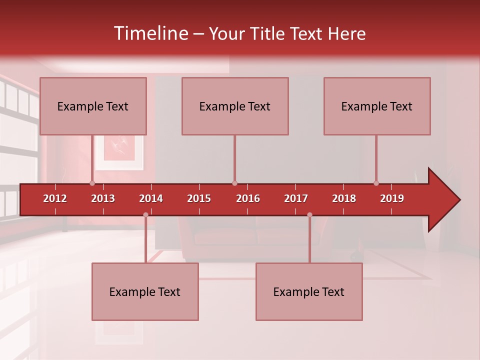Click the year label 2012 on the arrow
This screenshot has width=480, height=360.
point(55,198)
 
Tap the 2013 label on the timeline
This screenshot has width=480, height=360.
point(103,198)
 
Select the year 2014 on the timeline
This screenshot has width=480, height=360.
point(151,198)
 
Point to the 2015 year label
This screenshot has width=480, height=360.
point(199,198)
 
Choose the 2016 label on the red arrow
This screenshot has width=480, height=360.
point(248,198)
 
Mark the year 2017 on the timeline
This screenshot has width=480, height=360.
point(296,198)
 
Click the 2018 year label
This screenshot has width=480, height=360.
point(344,198)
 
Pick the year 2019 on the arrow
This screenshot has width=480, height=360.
point(392,198)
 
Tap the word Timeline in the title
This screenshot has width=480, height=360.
point(150,33)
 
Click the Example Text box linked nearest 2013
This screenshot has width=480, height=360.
point(93,106)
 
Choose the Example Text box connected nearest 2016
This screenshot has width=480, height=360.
point(235,106)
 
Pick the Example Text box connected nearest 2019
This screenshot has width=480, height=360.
point(377,106)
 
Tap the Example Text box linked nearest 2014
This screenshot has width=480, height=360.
point(145,291)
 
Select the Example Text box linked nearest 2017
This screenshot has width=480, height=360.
point(309,291)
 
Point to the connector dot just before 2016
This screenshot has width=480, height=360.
point(234,183)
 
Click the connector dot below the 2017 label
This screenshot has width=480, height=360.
point(309,215)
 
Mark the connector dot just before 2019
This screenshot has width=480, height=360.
point(376,183)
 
